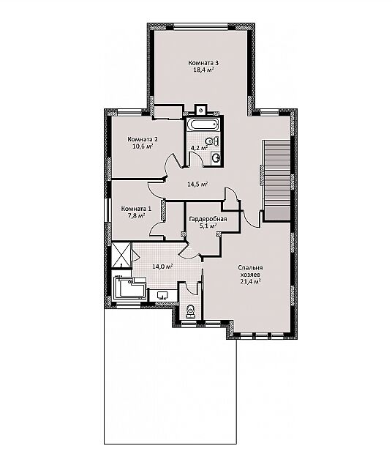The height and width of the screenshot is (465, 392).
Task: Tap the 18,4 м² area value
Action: (x=204, y=70)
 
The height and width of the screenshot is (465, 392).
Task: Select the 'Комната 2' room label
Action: (x=143, y=139)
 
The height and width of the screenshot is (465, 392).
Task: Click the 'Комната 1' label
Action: (x=136, y=209)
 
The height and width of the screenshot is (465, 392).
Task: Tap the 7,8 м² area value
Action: (x=136, y=215)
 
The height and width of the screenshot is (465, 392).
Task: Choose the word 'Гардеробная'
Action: (x=208, y=219)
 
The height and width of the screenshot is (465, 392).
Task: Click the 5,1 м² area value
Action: (x=208, y=226)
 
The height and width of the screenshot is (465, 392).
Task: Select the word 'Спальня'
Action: (x=250, y=268)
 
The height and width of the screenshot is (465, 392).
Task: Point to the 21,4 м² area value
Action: (x=250, y=282)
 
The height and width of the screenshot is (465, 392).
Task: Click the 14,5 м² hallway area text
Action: (x=197, y=184)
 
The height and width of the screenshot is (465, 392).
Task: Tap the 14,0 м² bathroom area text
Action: (x=162, y=267)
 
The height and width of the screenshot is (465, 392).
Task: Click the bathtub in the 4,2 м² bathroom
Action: (x=204, y=124)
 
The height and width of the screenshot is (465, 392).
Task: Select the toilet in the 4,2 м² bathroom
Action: (x=211, y=141)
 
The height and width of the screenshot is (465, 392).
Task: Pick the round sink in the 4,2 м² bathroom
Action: (x=216, y=158)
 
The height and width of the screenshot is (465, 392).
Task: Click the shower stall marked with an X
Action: (x=121, y=255)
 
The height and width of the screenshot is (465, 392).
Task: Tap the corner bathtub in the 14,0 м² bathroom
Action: (x=129, y=289)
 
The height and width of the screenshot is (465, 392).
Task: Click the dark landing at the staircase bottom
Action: (x=277, y=214)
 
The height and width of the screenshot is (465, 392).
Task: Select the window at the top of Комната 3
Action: (x=200, y=27)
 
